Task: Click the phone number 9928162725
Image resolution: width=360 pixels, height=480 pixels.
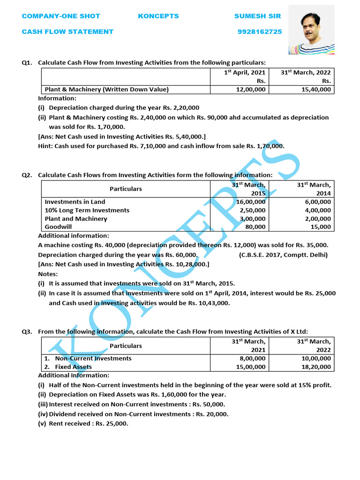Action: (260, 32)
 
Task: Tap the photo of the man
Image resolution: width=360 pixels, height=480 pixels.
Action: (311, 30)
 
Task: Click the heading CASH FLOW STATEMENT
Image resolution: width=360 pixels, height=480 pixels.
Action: (67, 32)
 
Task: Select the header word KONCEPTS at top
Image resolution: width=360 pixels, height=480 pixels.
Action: (158, 16)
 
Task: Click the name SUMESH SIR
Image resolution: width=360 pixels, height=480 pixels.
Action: (257, 16)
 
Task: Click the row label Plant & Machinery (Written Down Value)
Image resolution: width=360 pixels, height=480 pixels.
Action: (106, 89)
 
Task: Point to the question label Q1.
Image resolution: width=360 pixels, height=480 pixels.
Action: (27, 62)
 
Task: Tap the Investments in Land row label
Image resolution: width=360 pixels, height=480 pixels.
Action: (75, 202)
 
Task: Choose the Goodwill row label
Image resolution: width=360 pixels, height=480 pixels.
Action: (59, 227)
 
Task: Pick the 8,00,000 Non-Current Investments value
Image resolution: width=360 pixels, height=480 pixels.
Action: (252, 359)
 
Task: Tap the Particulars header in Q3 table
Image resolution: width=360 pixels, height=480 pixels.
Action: (126, 346)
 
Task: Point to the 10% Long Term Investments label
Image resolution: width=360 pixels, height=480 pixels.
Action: (87, 210)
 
